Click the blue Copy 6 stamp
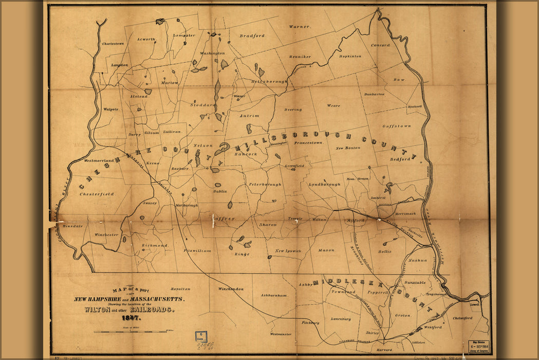(x=201, y=337)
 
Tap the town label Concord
(x=380, y=45)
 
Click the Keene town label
(x=154, y=163)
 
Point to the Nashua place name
(x=417, y=260)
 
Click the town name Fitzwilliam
(x=197, y=250)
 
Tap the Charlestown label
(x=113, y=44)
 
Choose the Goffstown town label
(x=397, y=125)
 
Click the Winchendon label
(x=231, y=289)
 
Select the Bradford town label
(x=252, y=35)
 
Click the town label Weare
(x=333, y=105)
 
